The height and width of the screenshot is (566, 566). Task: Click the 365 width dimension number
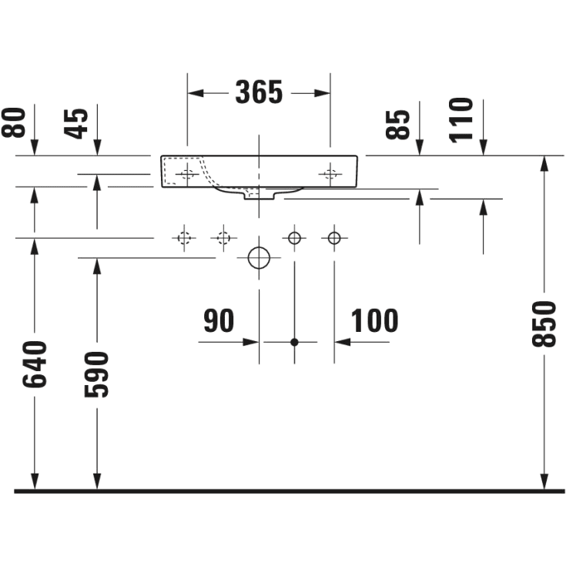259,92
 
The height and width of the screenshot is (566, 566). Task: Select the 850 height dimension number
544,324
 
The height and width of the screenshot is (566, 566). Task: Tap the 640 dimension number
35,364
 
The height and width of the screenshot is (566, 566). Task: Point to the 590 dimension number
96,375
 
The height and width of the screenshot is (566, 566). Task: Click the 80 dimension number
14,122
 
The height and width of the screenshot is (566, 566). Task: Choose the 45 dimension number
75,124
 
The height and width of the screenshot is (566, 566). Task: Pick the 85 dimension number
398,125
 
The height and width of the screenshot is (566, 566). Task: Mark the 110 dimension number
461,120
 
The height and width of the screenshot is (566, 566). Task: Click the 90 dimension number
219,320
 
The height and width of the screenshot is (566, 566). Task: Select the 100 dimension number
375,320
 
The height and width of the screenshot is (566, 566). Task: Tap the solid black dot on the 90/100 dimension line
294,342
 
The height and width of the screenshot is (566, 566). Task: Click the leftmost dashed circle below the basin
184,238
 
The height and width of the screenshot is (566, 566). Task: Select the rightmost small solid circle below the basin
334,238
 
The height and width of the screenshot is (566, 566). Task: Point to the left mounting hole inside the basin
187,174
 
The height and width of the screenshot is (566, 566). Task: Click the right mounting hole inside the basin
330,174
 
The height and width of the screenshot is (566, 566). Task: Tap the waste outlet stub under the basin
260,196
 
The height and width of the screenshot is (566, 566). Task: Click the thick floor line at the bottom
289,491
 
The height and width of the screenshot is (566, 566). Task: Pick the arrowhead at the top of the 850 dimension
544,164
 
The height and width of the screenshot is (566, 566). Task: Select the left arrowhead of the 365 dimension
196,93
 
